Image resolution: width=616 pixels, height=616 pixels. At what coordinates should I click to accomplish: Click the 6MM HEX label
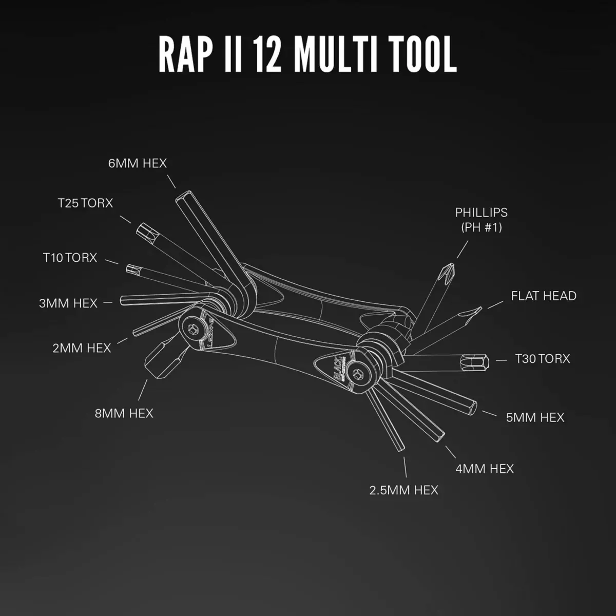(138, 163)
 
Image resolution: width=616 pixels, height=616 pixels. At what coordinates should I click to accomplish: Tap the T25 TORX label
(85, 203)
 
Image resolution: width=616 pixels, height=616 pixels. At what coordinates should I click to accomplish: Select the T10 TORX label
(70, 258)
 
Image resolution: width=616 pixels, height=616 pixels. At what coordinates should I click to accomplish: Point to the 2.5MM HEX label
(404, 490)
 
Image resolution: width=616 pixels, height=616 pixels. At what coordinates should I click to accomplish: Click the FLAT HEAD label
(544, 296)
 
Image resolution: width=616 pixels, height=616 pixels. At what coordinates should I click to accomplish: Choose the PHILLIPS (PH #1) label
(481, 219)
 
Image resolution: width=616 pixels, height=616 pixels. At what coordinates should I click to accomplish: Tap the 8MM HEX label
(124, 413)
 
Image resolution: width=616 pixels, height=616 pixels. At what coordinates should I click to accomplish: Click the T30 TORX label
(543, 359)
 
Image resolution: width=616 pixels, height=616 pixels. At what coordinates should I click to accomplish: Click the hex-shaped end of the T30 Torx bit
(476, 362)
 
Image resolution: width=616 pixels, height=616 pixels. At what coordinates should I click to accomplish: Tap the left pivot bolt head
(194, 329)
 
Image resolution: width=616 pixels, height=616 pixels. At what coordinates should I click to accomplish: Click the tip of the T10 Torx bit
(130, 268)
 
